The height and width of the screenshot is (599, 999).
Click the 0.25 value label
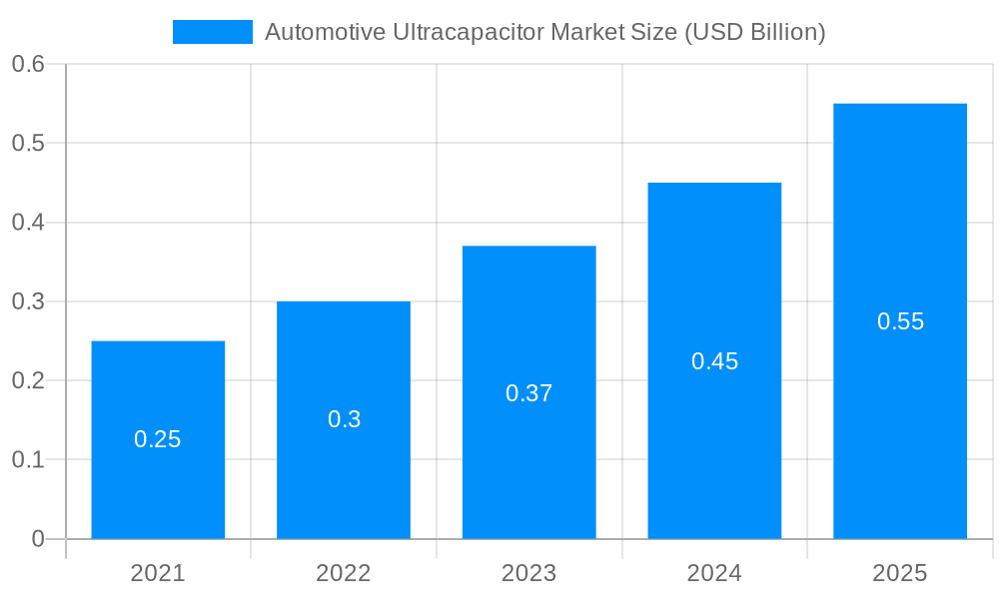point(158,439)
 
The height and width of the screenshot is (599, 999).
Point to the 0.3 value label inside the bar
point(344,419)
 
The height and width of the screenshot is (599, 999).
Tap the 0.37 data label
point(529,393)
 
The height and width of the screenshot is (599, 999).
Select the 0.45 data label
point(714,361)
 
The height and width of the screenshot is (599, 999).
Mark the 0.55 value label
point(900,321)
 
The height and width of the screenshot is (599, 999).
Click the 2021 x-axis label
point(158,573)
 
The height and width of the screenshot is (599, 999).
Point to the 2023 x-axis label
point(529,573)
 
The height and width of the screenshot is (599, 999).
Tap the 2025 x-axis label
point(900,573)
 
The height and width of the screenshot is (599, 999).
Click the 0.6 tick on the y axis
point(28,64)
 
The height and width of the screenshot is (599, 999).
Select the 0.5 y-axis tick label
point(28,143)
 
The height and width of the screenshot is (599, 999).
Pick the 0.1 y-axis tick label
point(28,460)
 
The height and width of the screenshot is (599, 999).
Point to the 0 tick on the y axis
point(38,539)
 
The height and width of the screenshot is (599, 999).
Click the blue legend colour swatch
point(213,32)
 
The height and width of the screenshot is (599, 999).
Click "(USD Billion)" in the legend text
point(754,32)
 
